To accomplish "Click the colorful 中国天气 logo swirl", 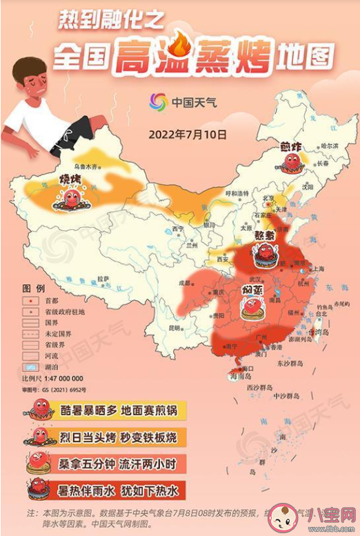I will point(158,102).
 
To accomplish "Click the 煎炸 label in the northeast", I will point(292,146).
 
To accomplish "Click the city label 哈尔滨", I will point(330,146).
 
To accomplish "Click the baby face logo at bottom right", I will point(283,517).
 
